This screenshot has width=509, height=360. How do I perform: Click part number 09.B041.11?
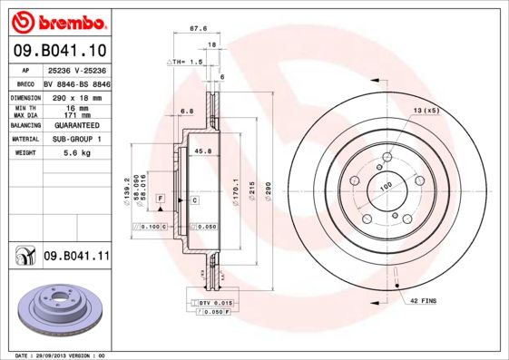click(x=76, y=257)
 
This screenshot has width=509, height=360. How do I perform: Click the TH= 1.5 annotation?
click(x=185, y=61)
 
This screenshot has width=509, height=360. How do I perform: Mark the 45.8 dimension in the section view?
click(x=203, y=151)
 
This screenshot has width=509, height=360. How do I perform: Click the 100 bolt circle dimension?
click(x=385, y=186)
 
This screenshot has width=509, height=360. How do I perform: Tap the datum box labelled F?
click(x=160, y=198)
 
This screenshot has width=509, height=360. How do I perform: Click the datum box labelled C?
click(x=194, y=198)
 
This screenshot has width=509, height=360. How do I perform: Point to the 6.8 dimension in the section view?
click(x=188, y=111)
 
